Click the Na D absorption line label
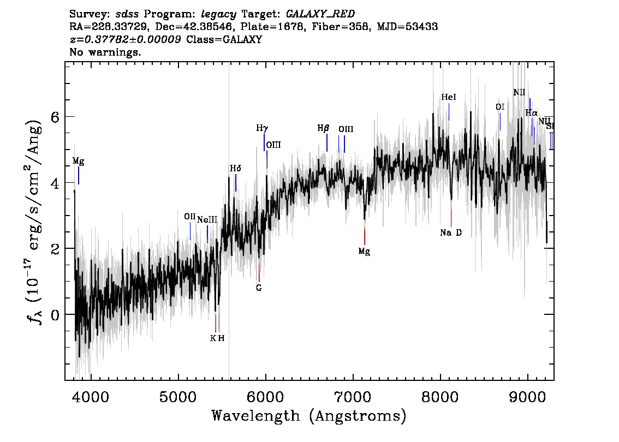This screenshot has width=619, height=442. pyautogui.click(x=451, y=233)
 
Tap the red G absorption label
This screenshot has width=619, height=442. pyautogui.click(x=259, y=288)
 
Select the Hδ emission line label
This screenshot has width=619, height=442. pyautogui.click(x=235, y=169)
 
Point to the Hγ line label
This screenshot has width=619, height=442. pyautogui.click(x=262, y=129)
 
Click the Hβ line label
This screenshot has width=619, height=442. pyautogui.click(x=324, y=129)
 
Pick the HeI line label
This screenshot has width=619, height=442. pyautogui.click(x=448, y=97)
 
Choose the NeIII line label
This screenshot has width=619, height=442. pyautogui.click(x=207, y=219)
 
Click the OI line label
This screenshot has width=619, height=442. pyautogui.click(x=500, y=107)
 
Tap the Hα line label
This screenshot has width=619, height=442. pyautogui.click(x=531, y=113)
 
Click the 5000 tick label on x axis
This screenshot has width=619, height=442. pyautogui.click(x=178, y=396)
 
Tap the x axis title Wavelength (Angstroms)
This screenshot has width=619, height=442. pyautogui.click(x=309, y=416)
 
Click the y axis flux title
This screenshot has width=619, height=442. pyautogui.click(x=34, y=220)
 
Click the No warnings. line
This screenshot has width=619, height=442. pyautogui.click(x=106, y=52)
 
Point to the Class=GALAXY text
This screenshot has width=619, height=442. pyautogui.click(x=224, y=40)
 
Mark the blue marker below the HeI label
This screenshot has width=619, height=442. pyautogui.click(x=449, y=112)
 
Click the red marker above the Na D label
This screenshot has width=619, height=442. pyautogui.click(x=451, y=218)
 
